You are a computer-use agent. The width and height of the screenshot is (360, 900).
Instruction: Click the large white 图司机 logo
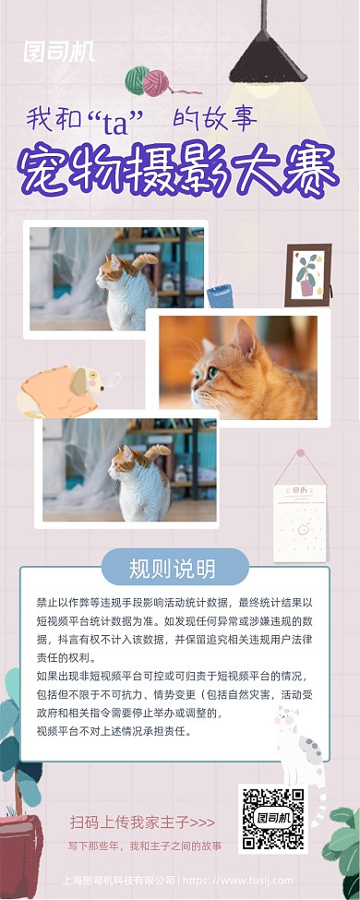click(x=59, y=51)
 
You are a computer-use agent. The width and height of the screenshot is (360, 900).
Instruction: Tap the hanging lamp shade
click(x=267, y=61)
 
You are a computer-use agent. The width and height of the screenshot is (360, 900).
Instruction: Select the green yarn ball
click(x=137, y=81)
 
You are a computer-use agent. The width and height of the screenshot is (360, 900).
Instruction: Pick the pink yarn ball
click(x=157, y=83)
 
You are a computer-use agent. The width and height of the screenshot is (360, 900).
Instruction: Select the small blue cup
click(x=220, y=295)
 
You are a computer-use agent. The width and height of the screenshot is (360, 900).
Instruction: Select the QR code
click(x=272, y=818)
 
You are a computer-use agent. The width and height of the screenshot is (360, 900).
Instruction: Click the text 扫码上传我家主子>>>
click(x=142, y=821)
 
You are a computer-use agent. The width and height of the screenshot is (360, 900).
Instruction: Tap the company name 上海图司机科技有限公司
click(x=118, y=880)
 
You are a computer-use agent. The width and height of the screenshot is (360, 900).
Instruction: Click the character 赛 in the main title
click(x=311, y=172)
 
